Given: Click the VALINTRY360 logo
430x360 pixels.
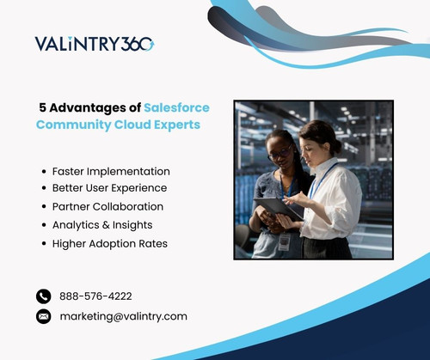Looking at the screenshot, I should tap(94, 44).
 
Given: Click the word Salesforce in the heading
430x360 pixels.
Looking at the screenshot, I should tap(176, 107).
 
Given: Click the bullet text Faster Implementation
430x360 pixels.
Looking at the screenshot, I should tap(111, 171).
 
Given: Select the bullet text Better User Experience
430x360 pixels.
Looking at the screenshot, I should tap(109, 188).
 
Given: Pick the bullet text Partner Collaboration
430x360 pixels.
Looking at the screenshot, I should tap(107, 207).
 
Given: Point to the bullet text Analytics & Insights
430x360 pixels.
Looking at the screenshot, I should tap(103, 225).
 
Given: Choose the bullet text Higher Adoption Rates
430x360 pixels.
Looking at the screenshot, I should tap(109, 244).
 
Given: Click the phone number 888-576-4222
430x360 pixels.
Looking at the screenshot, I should tap(95, 296).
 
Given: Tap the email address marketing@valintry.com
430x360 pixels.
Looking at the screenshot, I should tap(123, 316).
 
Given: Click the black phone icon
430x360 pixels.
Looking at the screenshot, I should tap(44, 296).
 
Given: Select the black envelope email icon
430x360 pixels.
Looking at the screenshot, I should tap(44, 316).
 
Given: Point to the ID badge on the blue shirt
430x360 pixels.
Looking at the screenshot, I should tap(284, 243).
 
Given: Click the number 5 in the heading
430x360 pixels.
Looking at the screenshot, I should tap(43, 107).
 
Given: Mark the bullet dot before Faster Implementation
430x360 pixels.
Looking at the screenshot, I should tap(44, 172).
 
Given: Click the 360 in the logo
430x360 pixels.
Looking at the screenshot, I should tap(138, 44).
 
